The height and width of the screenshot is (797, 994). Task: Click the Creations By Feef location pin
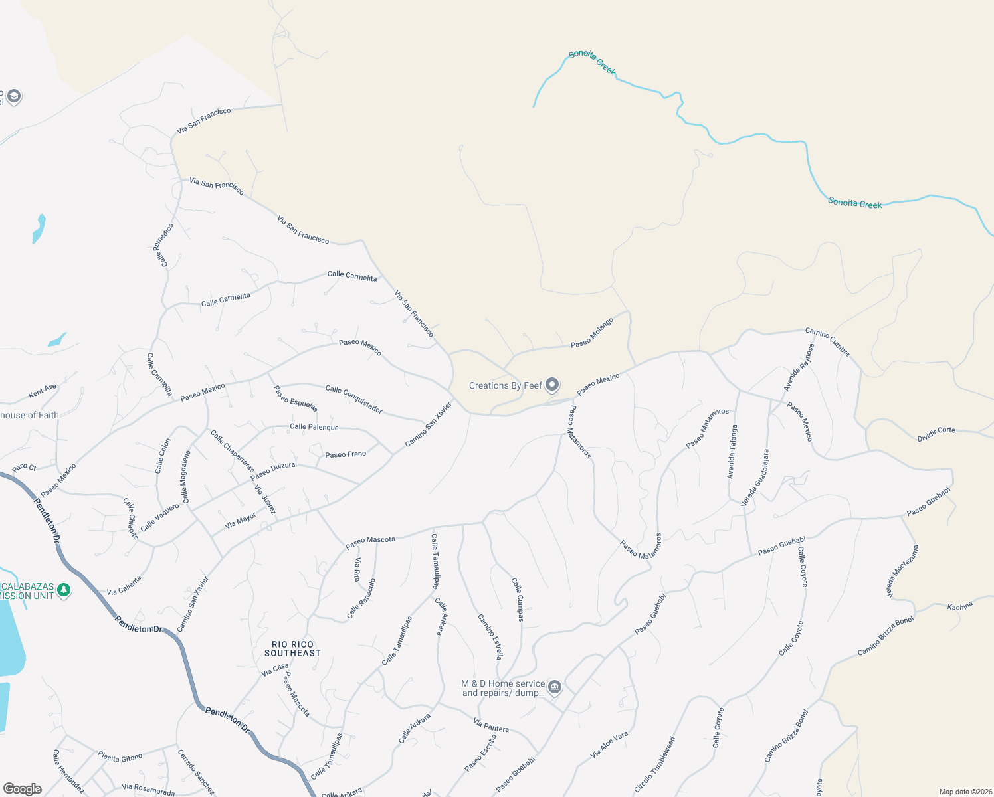click(x=552, y=385)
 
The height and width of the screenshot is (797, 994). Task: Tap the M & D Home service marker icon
click(x=555, y=687)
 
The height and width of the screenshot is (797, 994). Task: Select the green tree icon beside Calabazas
click(x=64, y=590)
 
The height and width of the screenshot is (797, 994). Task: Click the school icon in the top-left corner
click(x=14, y=96)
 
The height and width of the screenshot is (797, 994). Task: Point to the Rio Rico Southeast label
click(x=292, y=649)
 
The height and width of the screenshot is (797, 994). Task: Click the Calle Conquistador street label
click(x=354, y=399)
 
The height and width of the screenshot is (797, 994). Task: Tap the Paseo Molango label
click(x=592, y=332)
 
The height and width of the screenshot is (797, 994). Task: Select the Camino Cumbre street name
click(x=827, y=341)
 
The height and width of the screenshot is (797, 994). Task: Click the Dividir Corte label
click(x=936, y=434)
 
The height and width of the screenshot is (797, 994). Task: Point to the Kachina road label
click(x=960, y=606)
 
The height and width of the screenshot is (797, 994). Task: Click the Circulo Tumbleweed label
click(x=654, y=764)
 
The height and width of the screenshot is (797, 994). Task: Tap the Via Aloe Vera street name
click(x=609, y=746)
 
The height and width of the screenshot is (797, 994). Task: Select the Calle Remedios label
click(x=163, y=245)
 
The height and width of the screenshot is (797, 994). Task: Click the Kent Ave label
click(x=43, y=391)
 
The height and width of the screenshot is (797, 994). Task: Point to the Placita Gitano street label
click(x=120, y=756)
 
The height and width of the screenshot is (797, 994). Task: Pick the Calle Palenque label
click(x=314, y=427)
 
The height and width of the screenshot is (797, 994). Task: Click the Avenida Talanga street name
click(x=732, y=452)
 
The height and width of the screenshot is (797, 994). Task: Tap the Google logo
click(x=23, y=789)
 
